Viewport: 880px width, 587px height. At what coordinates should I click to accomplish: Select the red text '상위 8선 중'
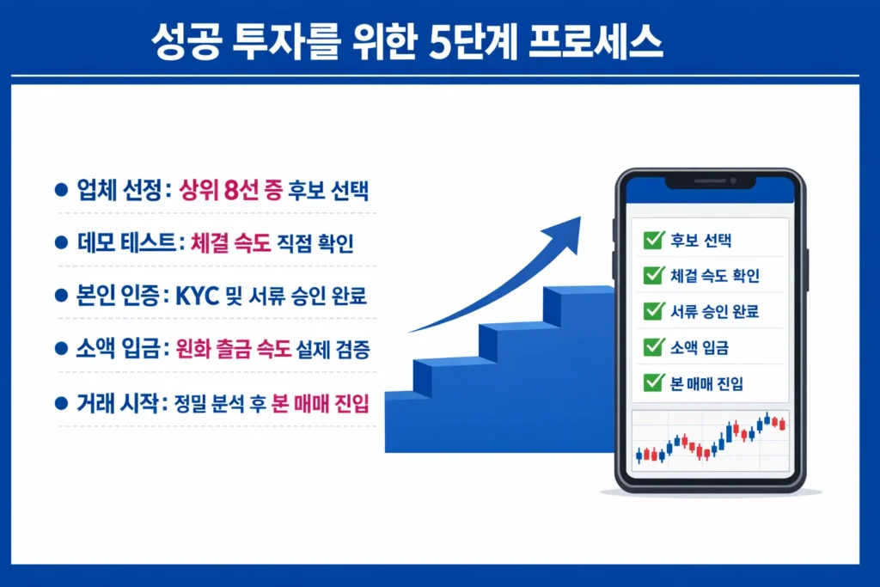pos(231,192)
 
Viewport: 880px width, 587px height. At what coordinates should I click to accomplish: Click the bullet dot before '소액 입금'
pos(60,349)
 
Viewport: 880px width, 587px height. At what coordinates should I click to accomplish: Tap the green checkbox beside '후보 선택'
pos(652,240)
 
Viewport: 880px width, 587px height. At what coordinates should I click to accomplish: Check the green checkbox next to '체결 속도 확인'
pos(652,275)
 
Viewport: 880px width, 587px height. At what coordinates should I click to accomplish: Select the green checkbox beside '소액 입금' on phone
pos(652,346)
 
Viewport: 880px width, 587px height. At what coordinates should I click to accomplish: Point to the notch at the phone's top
pos(710,182)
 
